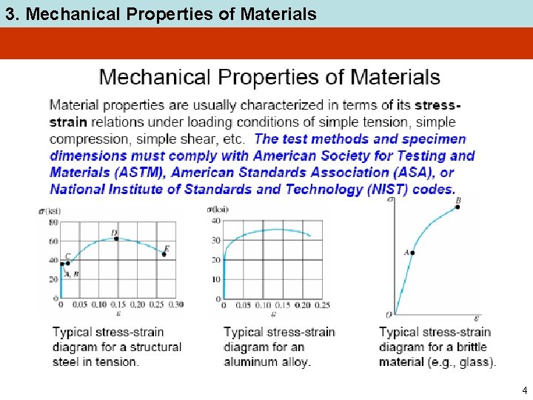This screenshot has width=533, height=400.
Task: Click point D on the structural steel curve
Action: pos(115,239)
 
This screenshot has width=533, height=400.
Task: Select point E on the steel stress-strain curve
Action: pos(164,254)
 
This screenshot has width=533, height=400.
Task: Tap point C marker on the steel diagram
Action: pos(68,263)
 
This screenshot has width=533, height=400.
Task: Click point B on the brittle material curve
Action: pos(458,207)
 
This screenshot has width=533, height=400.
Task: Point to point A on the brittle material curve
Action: pos(412,253)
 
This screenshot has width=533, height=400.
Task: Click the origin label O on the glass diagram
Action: pos(389,315)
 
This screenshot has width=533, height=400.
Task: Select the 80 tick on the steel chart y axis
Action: pos(53,222)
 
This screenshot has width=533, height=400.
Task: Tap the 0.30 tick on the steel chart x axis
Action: pos(175,304)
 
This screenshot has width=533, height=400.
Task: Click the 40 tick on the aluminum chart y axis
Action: pos(216,221)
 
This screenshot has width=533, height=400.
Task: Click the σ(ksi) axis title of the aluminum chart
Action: pos(218,210)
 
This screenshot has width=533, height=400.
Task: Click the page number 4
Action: pos(524,390)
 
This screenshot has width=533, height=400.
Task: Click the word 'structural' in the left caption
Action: pos(153,347)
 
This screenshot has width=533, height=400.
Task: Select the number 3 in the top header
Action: pos(7,13)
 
